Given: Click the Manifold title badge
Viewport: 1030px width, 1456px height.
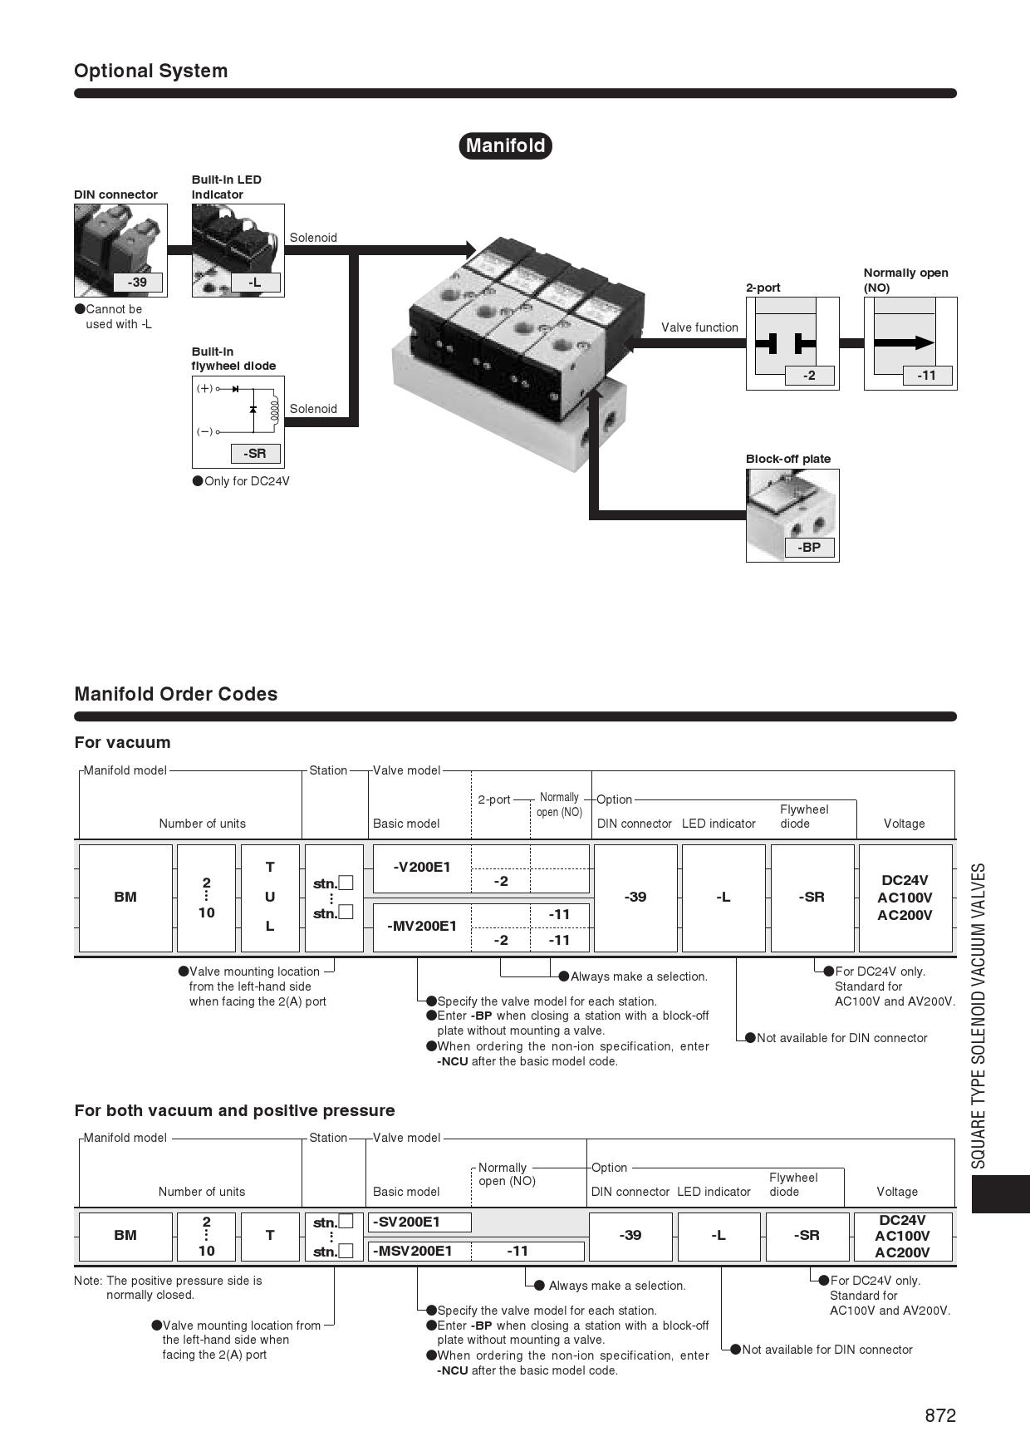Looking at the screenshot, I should tap(505, 145).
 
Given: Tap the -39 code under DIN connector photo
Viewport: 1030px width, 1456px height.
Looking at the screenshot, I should tap(137, 283).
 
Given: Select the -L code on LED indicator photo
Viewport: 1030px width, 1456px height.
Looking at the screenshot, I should tap(254, 283).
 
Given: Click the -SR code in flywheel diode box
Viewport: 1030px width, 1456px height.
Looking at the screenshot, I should tap(254, 454).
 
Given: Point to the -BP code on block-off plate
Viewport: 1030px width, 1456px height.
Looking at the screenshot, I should tap(809, 548).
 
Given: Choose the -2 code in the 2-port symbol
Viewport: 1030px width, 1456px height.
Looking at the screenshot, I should tap(809, 376).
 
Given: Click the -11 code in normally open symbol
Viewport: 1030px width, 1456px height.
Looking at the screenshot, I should tap(926, 376).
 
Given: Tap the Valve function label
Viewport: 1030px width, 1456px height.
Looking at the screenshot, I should tap(699, 327).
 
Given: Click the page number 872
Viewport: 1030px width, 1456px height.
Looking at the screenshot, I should tap(940, 1415).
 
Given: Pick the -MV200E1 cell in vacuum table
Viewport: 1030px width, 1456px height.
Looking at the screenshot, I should tap(422, 926).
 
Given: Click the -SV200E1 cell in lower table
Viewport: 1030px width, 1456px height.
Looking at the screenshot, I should tap(408, 1222).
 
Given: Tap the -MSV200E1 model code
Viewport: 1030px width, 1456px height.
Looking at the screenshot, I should tap(414, 1251).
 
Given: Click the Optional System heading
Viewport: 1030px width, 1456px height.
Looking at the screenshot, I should tap(150, 71).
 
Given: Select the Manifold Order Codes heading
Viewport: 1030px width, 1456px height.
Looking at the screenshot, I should tap(175, 694).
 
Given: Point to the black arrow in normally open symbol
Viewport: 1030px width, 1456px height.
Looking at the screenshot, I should tap(904, 342).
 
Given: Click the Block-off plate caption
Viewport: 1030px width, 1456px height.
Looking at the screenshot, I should tap(787, 459).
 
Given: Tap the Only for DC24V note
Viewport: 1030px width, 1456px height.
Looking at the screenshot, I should tap(247, 481).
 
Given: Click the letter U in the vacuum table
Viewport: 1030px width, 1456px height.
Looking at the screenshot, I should tap(270, 897).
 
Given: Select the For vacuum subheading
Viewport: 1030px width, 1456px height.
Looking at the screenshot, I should tap(122, 742).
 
